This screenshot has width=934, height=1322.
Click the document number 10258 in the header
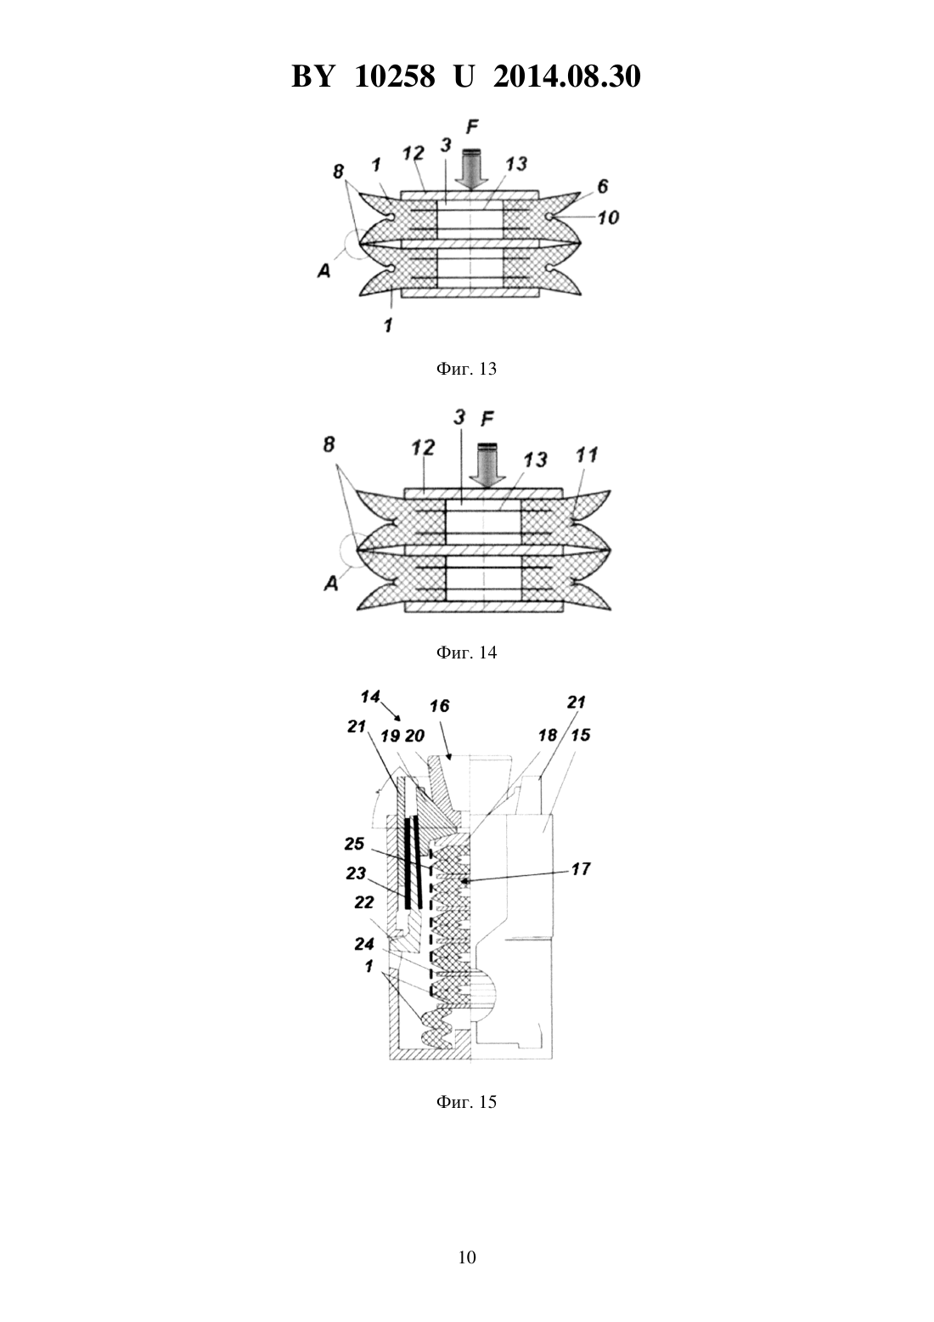click(395, 77)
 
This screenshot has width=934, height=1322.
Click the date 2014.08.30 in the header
click(566, 77)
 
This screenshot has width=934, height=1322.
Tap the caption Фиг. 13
click(466, 369)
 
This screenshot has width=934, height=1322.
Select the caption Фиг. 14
click(466, 653)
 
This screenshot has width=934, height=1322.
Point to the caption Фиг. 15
click(466, 1102)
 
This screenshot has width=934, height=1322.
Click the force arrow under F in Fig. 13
click(471, 169)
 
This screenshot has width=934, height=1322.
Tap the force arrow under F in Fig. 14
click(487, 466)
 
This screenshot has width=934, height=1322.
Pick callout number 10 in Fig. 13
click(608, 218)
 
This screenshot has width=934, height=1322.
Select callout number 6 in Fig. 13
click(603, 187)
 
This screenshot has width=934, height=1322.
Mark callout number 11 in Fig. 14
click(587, 455)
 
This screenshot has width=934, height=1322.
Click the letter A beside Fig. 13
click(324, 271)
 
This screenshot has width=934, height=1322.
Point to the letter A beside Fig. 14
click(332, 584)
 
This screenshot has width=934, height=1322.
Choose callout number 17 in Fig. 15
click(581, 869)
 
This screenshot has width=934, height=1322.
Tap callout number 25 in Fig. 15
click(354, 844)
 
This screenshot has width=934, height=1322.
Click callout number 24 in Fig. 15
click(363, 944)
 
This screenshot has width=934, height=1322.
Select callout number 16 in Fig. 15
click(440, 705)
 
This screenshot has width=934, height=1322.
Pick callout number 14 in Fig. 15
click(370, 697)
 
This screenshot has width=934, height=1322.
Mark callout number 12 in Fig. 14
click(423, 448)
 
